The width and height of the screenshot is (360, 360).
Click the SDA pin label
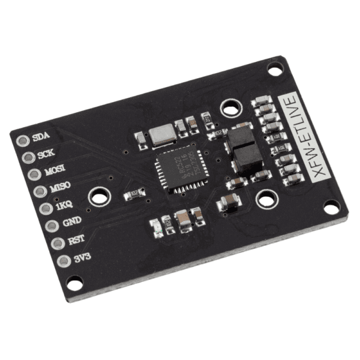pyautogui.click(x=41, y=136)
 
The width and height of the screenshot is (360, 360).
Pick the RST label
pyautogui.click(x=76, y=240)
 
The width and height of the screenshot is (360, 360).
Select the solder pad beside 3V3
pyautogui.click(x=62, y=262)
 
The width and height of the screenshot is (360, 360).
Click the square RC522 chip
pyautogui.click(x=178, y=170)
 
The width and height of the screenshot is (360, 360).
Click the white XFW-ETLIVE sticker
pyautogui.click(x=305, y=134)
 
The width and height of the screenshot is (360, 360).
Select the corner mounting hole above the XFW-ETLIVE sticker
pyautogui.click(x=275, y=70)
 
